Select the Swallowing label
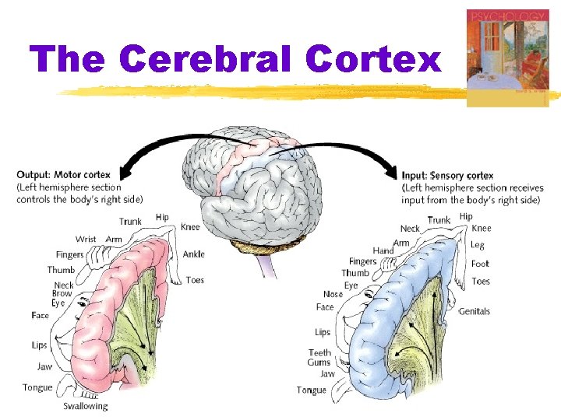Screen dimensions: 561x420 point(86,406)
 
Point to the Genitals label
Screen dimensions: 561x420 point(474,311)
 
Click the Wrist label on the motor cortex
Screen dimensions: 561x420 point(86,239)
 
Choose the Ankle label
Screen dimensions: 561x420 point(194,254)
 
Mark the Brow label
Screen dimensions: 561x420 point(62,294)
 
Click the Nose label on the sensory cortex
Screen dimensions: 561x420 point(333,295)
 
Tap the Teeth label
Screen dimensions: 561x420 point(319,352)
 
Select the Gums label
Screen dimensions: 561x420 point(319,362)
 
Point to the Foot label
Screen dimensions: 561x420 point(480,264)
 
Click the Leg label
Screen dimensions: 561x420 point(478,246)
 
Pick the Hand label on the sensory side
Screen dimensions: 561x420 point(383,250)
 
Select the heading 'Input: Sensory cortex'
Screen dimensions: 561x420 point(447,176)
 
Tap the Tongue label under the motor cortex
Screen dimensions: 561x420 point(37,387)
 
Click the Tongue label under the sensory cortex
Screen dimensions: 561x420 point(311,390)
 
